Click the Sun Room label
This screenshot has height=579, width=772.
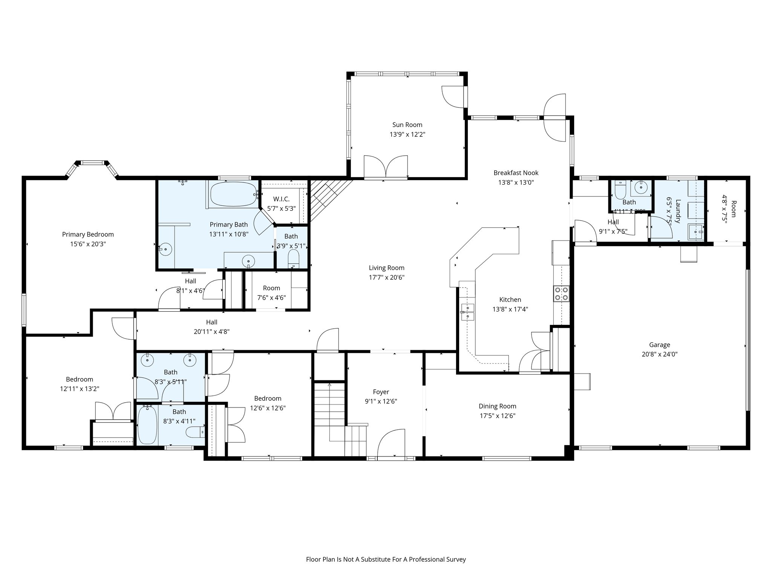(407, 125)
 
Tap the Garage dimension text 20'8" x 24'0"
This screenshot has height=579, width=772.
(659, 354)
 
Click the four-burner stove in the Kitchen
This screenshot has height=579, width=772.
(561, 294)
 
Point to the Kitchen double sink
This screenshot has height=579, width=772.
(468, 312)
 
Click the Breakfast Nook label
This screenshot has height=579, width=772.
(516, 173)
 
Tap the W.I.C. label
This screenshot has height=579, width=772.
(281, 199)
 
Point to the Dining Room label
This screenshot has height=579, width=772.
(497, 406)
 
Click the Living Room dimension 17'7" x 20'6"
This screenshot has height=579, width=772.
(386, 277)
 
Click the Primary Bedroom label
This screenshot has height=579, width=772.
(88, 234)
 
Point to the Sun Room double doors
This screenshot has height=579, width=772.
(386, 166)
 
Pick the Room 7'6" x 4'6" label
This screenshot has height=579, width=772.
(271, 288)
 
